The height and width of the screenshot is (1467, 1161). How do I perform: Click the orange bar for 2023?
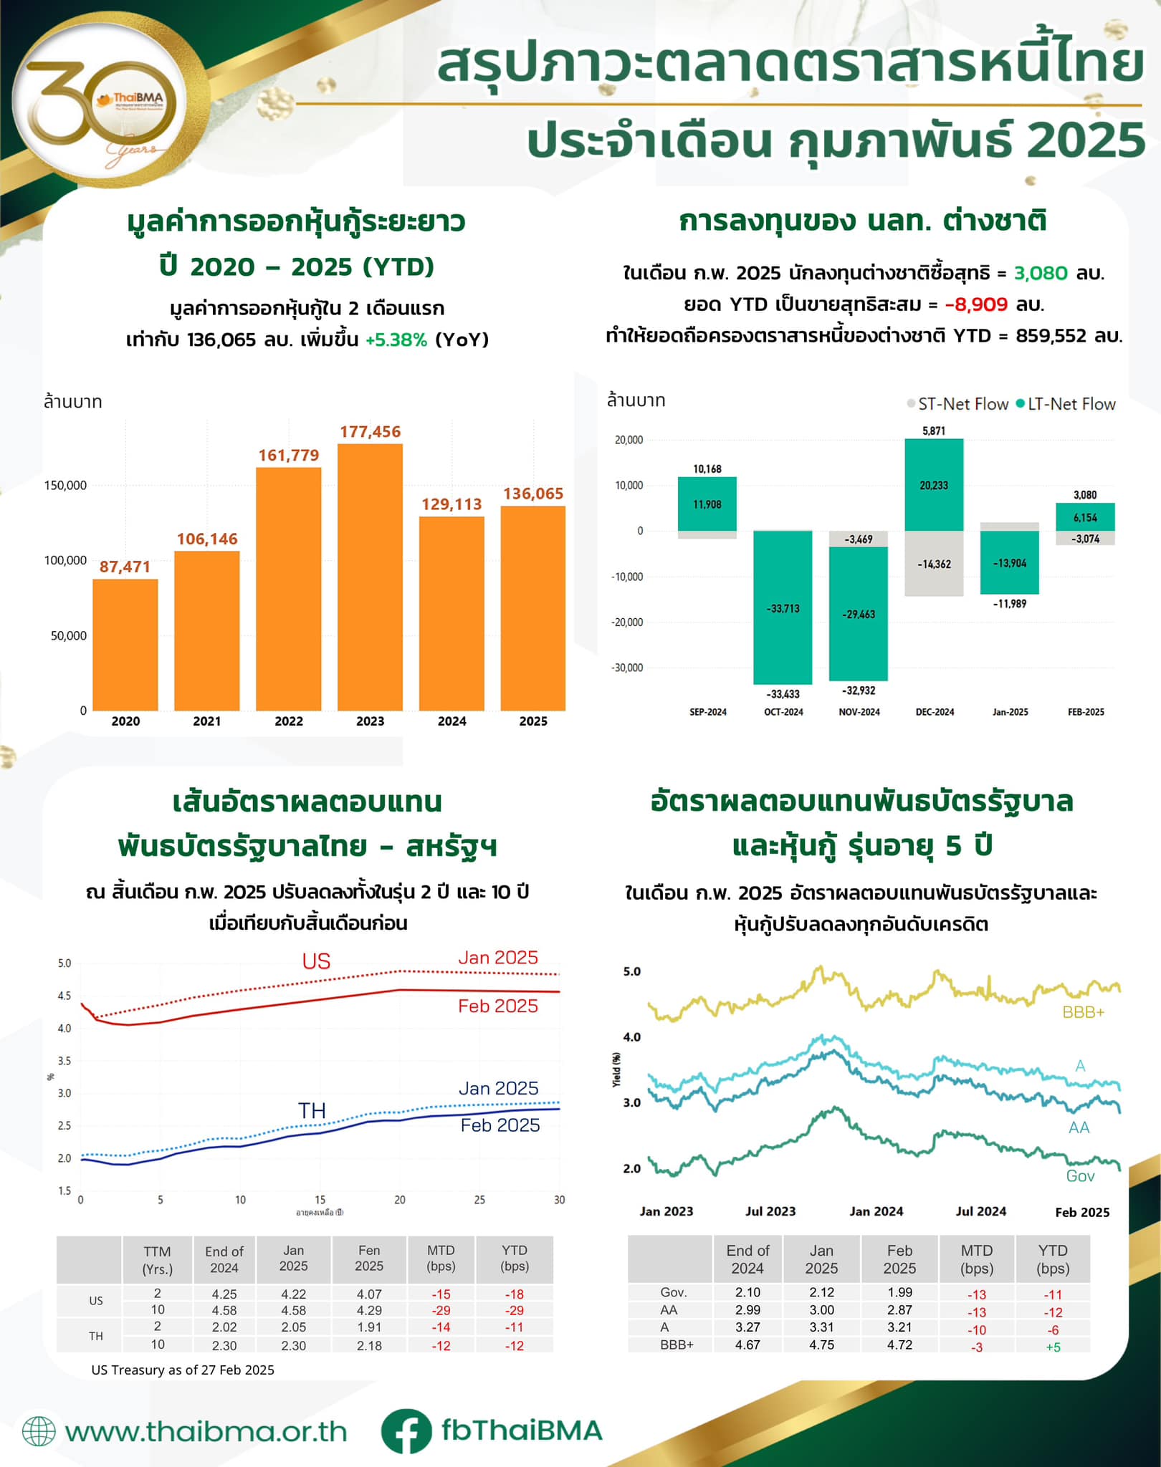(x=370, y=577)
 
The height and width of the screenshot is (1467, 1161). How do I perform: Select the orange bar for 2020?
(x=125, y=644)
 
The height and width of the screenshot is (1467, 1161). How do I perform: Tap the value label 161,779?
(x=289, y=456)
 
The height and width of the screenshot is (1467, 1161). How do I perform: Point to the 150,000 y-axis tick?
(x=65, y=486)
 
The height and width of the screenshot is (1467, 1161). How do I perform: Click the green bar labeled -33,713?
(x=783, y=607)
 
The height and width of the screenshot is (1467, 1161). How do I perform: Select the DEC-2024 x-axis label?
(x=935, y=712)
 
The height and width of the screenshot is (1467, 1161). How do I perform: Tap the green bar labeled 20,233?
(x=934, y=485)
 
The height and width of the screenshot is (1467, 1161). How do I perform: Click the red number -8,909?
(x=976, y=304)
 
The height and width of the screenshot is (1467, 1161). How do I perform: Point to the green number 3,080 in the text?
(x=1041, y=273)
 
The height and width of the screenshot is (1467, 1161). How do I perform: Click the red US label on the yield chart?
(x=316, y=961)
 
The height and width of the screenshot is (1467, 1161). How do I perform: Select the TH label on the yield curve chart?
(x=312, y=1111)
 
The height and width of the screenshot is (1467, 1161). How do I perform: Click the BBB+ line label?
(x=1083, y=1012)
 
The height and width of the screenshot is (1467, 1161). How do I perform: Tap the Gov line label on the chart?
(x=1080, y=1175)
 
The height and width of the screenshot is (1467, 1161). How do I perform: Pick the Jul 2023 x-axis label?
(x=770, y=1211)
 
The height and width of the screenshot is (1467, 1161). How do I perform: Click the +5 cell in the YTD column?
(x=1053, y=1347)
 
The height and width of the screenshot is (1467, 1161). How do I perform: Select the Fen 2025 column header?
(x=369, y=1258)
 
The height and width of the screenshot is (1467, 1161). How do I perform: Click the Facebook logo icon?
(x=406, y=1430)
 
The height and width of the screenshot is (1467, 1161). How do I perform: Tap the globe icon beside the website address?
(x=39, y=1431)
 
